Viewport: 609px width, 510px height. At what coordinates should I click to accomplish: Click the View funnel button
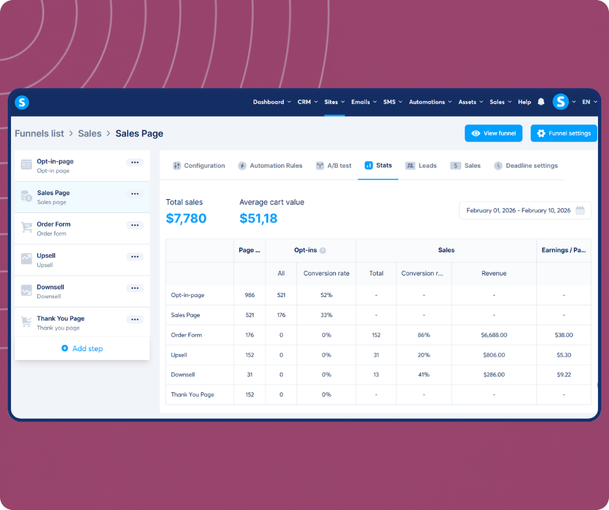tap(493, 133)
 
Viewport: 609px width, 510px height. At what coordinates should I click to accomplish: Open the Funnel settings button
tap(563, 133)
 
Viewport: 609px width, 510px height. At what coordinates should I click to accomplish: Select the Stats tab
tap(378, 166)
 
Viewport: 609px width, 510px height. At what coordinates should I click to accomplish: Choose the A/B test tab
tap(333, 166)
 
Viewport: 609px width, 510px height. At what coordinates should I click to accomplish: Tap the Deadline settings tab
tap(525, 166)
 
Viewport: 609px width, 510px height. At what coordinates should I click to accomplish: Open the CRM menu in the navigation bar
tap(307, 102)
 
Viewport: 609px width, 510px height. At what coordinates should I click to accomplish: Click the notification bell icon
tap(541, 102)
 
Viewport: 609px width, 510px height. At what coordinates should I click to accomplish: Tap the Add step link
tap(82, 348)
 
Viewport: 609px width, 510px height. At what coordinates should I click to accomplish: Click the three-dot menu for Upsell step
tap(135, 257)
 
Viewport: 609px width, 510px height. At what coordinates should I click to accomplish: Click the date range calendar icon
tap(580, 210)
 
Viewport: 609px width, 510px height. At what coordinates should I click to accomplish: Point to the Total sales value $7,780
tap(186, 218)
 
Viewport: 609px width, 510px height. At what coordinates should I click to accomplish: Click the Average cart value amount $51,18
tap(259, 218)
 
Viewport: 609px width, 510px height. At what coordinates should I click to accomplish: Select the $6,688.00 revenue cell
tap(494, 335)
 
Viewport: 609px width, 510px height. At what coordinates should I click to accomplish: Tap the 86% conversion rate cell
tap(423, 335)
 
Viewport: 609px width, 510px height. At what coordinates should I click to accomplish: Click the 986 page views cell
tap(249, 295)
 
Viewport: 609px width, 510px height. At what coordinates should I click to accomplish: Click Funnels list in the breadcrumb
tap(40, 133)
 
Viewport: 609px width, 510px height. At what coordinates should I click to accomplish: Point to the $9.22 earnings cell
tap(564, 375)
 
